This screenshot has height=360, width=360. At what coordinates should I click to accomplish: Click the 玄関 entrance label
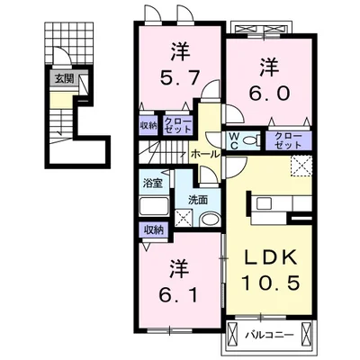(x=64, y=79)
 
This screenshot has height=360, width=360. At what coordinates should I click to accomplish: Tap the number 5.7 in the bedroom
(x=180, y=78)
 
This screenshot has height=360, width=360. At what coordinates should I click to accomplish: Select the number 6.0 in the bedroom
(x=269, y=93)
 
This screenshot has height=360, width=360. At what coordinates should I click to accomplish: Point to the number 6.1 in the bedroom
(x=178, y=295)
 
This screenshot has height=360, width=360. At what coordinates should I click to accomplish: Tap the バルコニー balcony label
(x=268, y=334)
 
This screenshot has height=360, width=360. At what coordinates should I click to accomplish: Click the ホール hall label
(x=205, y=154)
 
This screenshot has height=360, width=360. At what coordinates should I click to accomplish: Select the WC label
(x=234, y=141)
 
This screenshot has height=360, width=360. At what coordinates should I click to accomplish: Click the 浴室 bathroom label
(x=153, y=183)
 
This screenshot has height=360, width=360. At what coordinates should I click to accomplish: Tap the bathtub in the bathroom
(x=154, y=206)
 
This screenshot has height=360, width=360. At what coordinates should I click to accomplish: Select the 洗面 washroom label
(x=198, y=200)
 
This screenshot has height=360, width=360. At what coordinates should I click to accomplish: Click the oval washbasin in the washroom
(x=211, y=219)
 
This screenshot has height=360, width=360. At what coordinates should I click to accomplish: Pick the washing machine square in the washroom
(x=184, y=218)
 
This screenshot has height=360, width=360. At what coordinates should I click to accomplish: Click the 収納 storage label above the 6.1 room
(x=154, y=230)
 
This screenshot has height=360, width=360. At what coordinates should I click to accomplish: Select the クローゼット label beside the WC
(x=288, y=140)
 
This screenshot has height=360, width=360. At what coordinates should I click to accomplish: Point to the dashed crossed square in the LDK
(x=301, y=166)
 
